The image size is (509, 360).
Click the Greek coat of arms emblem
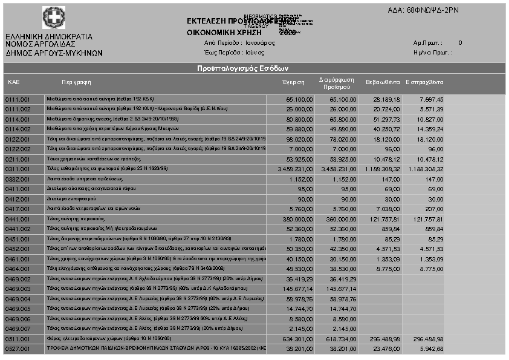[52, 17]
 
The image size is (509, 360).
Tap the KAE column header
[14, 82]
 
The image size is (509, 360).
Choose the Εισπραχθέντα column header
[424, 82]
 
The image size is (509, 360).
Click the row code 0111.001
[18, 99]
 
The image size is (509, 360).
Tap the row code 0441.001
[18, 219]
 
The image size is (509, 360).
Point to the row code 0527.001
[18, 349]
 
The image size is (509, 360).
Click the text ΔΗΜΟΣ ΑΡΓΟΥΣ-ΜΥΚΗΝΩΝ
[54, 53]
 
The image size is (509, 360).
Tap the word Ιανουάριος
[260, 43]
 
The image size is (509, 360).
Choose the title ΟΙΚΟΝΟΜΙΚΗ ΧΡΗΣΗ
[224, 33]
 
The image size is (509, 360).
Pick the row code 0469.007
[18, 329]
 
